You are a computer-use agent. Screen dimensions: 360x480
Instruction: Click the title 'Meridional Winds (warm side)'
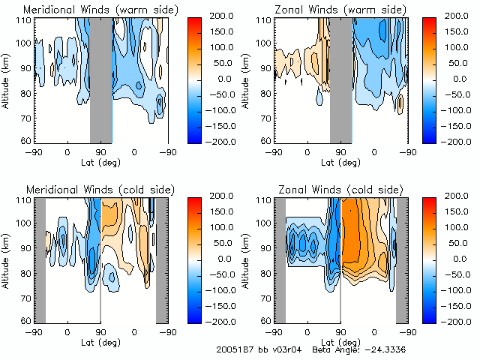(x=90, y=10)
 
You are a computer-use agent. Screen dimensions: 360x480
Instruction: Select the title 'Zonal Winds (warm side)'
(x=328, y=10)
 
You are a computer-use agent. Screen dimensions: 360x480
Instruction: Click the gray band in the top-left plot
(x=100, y=79)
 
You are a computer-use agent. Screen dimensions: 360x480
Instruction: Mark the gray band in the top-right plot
(x=340, y=79)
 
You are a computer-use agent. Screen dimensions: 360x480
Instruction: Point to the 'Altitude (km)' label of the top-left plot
(x=7, y=79)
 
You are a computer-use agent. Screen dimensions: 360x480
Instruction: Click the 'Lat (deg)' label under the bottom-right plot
(x=340, y=342)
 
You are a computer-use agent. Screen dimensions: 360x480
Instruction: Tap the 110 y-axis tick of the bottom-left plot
(x=25, y=200)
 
